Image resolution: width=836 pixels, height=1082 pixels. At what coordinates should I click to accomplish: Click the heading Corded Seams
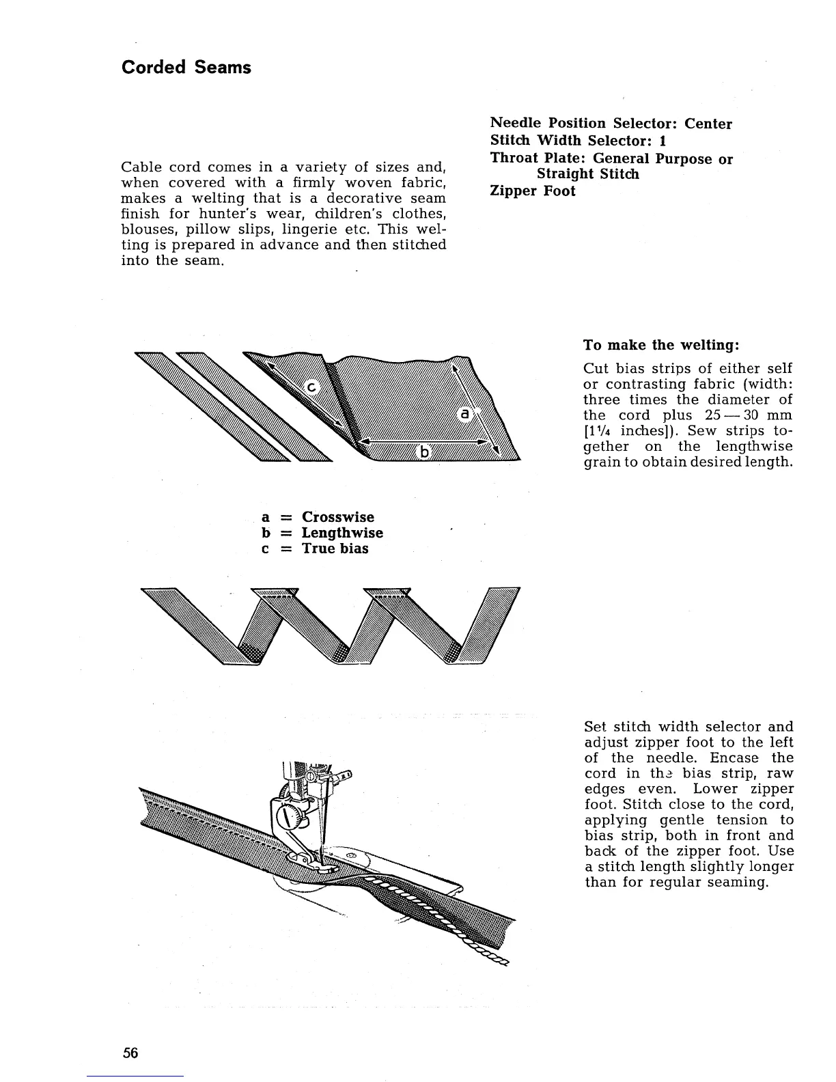186,68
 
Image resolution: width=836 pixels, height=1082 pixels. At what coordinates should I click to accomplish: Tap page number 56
130,1053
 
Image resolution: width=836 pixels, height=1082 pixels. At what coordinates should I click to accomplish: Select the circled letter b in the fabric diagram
425,452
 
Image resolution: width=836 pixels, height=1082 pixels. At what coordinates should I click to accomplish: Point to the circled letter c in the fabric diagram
311,388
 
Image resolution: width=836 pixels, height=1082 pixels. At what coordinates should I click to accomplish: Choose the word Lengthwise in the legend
342,533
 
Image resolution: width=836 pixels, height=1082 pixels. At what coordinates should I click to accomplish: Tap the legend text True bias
335,549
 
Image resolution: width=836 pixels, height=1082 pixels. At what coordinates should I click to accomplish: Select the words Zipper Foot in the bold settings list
533,191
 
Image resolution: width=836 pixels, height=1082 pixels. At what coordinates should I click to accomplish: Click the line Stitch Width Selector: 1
578,141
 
